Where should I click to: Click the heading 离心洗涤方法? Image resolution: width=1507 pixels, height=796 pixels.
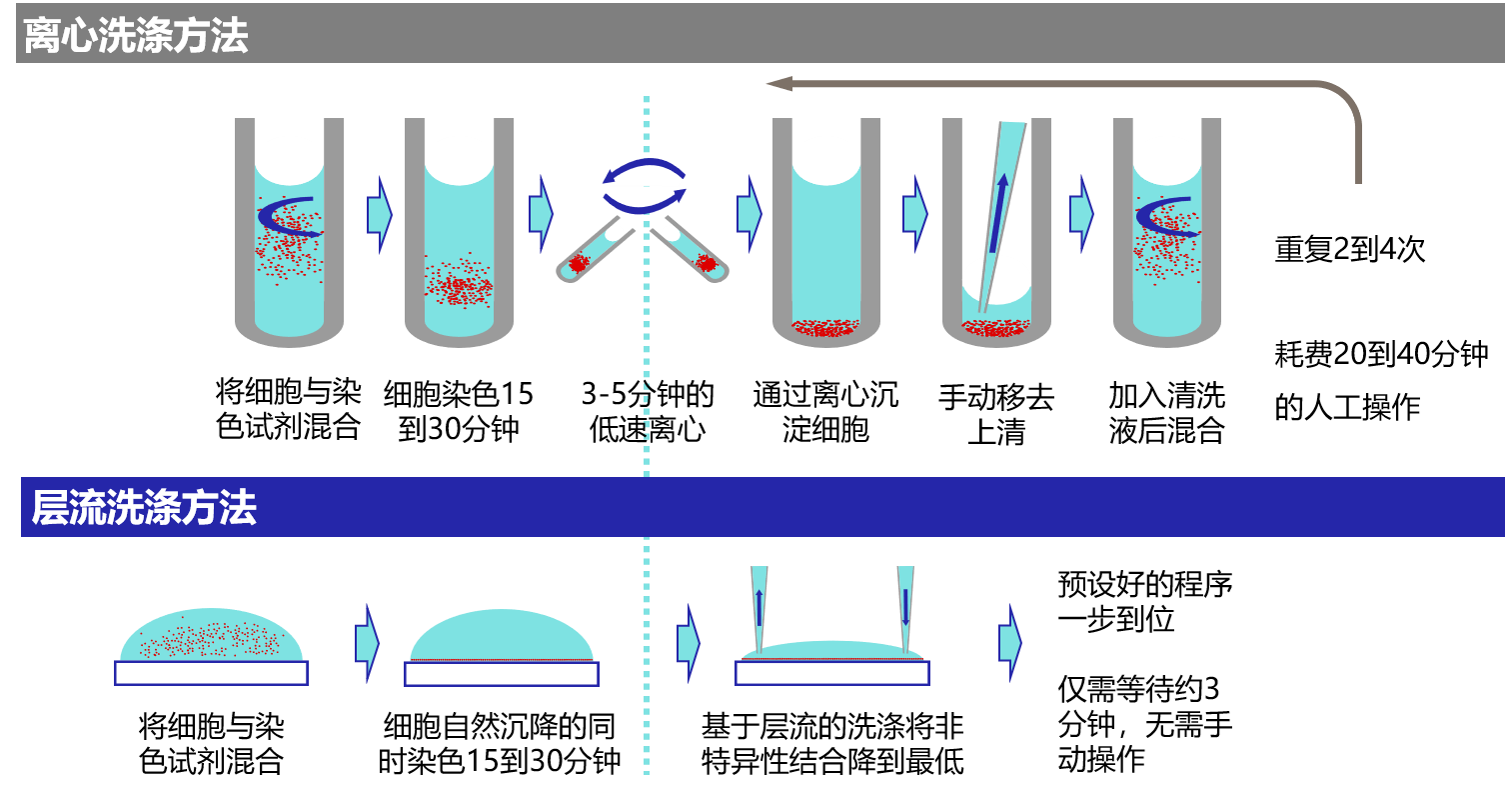(x=136, y=36)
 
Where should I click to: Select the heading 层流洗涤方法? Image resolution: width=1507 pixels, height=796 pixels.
(x=144, y=508)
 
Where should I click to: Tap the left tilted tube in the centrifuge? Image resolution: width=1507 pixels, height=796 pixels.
(x=596, y=250)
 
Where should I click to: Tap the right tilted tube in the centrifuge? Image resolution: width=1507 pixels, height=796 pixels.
(x=690, y=250)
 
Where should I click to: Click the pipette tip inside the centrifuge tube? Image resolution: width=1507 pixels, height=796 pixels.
(x=1002, y=210)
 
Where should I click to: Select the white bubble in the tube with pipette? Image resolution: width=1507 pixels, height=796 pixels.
(x=996, y=280)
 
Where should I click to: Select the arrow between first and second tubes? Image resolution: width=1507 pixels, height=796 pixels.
(x=379, y=214)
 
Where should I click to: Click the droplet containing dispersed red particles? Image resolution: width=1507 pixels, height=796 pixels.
(x=211, y=636)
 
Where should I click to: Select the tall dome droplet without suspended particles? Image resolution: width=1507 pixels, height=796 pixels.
(x=501, y=636)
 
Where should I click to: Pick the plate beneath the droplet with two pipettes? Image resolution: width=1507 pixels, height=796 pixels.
(x=832, y=673)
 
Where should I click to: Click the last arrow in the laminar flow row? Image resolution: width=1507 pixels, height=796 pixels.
(x=1009, y=643)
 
